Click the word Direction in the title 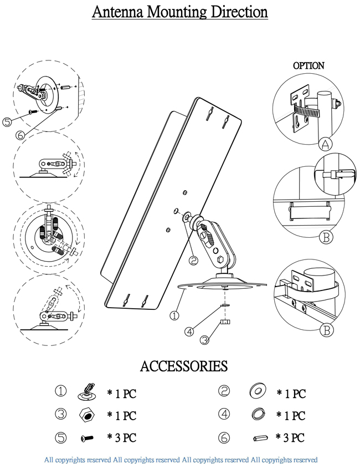click(x=239, y=12)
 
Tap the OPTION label click(x=308, y=65)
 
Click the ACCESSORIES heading click(x=184, y=366)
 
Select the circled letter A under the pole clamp click(x=326, y=144)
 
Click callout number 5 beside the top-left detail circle click(x=7, y=122)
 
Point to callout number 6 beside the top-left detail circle click(x=20, y=135)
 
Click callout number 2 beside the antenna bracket click(x=194, y=261)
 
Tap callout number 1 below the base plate click(x=174, y=315)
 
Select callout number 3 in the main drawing click(x=204, y=340)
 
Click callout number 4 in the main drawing click(x=189, y=332)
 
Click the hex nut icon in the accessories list click(x=87, y=414)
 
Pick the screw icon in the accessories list click(x=87, y=438)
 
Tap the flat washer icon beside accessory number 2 click(x=258, y=391)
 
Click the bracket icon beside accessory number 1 click(x=86, y=392)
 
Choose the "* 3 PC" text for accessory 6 click(x=290, y=437)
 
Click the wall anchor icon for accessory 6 click(x=260, y=438)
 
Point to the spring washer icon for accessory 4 click(x=258, y=414)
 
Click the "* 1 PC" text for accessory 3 click(x=121, y=416)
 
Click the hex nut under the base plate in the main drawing click(x=225, y=322)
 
